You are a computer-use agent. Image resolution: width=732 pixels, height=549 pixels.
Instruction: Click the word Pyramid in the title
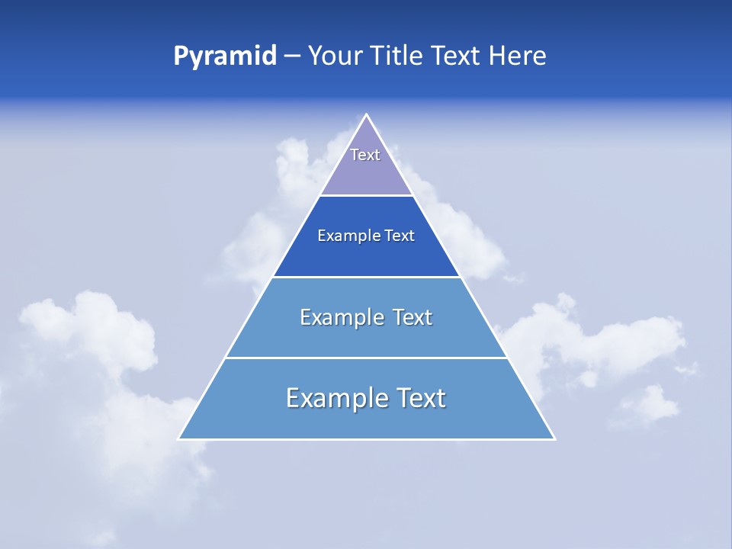[x=224, y=56]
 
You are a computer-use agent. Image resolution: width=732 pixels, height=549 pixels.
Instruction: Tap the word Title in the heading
[x=396, y=56]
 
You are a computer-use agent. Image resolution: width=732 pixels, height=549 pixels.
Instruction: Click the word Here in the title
[x=518, y=56]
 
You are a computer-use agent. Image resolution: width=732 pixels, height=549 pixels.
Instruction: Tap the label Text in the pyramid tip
[x=365, y=155]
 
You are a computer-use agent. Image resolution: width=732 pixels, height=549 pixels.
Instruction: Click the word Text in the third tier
[x=412, y=317]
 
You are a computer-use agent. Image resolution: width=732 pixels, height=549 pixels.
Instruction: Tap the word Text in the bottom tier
[x=420, y=398]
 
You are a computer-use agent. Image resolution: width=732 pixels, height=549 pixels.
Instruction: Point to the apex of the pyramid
[x=367, y=115]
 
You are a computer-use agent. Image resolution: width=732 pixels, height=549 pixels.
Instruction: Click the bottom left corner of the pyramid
[x=179, y=438]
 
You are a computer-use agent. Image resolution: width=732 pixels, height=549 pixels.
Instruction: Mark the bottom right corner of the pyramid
[x=554, y=438]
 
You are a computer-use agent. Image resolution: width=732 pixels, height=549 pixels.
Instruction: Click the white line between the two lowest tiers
[x=366, y=358]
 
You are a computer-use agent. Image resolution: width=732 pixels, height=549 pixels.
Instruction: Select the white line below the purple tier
[x=366, y=195]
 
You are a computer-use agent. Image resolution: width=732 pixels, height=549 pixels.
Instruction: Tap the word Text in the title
[x=455, y=56]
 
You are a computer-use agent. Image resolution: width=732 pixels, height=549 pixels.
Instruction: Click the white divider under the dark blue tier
[x=366, y=277]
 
